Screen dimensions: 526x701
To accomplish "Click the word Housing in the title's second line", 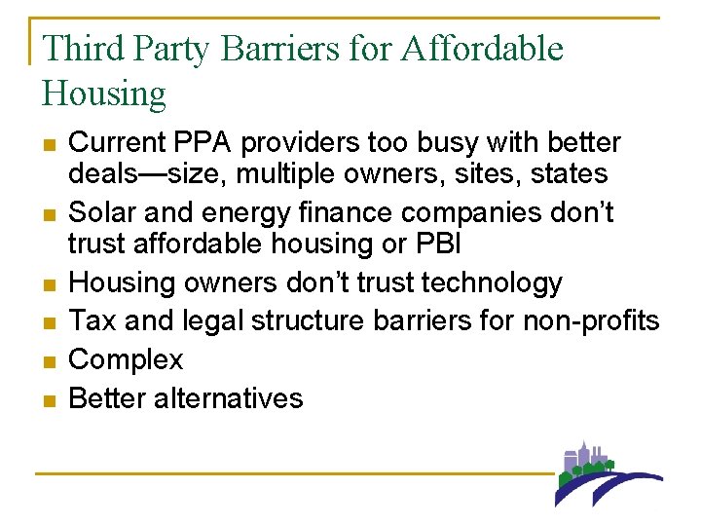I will pyautogui.click(x=104, y=94).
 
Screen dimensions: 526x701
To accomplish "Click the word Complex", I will pyautogui.click(x=127, y=359).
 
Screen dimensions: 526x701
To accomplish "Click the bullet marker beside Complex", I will pyautogui.click(x=50, y=360).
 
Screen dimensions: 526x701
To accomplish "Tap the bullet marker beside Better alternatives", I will pyautogui.click(x=50, y=399).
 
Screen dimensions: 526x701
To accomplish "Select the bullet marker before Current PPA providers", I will pyautogui.click(x=50, y=144).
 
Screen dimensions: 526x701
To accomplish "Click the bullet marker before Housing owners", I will pyautogui.click(x=50, y=283).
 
